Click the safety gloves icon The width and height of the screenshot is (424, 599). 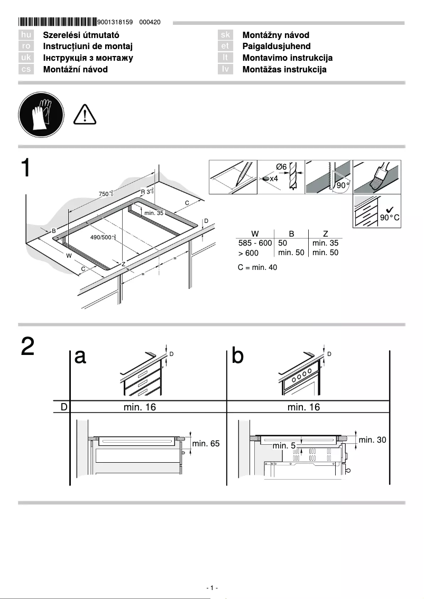click(41, 115)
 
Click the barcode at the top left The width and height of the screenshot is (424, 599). click(57, 22)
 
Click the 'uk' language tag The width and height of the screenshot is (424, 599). click(26, 58)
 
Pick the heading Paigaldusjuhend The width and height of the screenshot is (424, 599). click(276, 46)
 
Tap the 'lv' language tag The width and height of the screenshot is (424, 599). click(225, 69)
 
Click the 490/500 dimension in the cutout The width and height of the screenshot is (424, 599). click(103, 238)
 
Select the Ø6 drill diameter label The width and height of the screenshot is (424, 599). click(281, 167)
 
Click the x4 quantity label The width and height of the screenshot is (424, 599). click(274, 179)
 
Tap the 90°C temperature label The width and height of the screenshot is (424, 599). click(390, 218)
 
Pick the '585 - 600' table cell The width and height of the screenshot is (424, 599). click(255, 243)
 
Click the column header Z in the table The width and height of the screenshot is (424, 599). click(325, 233)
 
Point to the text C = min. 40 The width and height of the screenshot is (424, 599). click(257, 267)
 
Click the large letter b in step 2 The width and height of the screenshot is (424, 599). click(238, 357)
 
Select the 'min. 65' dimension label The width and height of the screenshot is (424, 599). click(205, 444)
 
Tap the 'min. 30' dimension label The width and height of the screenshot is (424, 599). click(373, 439)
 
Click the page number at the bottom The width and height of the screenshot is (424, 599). click(211, 588)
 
